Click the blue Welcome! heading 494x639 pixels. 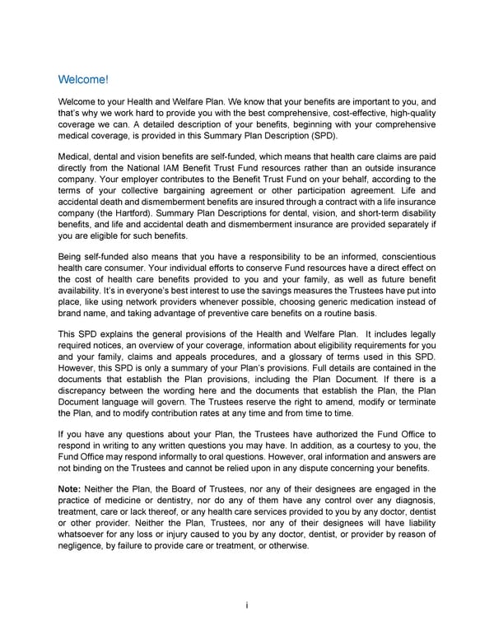tap(83, 80)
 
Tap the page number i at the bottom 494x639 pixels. tap(247, 605)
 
